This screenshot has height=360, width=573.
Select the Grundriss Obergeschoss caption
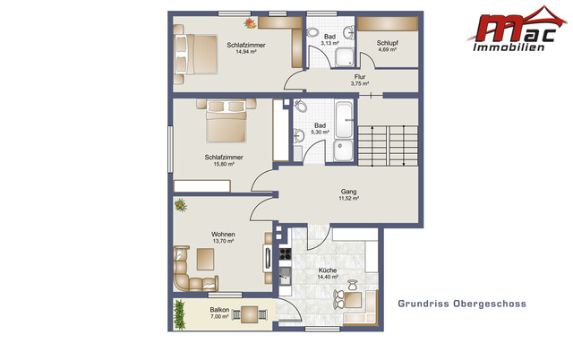click(462, 304)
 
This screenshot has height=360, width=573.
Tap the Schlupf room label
click(388, 43)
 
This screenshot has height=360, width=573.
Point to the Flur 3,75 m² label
click(360, 80)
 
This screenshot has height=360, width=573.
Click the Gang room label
click(348, 191)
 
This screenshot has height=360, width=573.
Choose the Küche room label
click(328, 270)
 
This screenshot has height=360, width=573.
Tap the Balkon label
click(219, 310)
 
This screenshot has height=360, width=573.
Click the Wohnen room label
click(223, 234)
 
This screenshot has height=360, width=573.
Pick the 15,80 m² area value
click(224, 164)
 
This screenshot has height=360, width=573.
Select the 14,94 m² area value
click(245, 52)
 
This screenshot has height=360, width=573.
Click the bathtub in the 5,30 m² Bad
click(344, 119)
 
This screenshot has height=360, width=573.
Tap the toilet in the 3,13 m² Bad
click(312, 32)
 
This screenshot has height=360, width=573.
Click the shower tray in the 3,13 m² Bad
click(345, 57)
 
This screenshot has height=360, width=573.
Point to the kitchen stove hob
click(285, 253)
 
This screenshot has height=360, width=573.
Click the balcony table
click(250, 314)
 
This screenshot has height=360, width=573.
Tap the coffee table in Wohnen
click(205, 259)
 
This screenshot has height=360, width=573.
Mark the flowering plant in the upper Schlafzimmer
click(251, 23)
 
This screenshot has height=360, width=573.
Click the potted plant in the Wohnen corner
click(180, 205)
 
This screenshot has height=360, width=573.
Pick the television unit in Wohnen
click(268, 258)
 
